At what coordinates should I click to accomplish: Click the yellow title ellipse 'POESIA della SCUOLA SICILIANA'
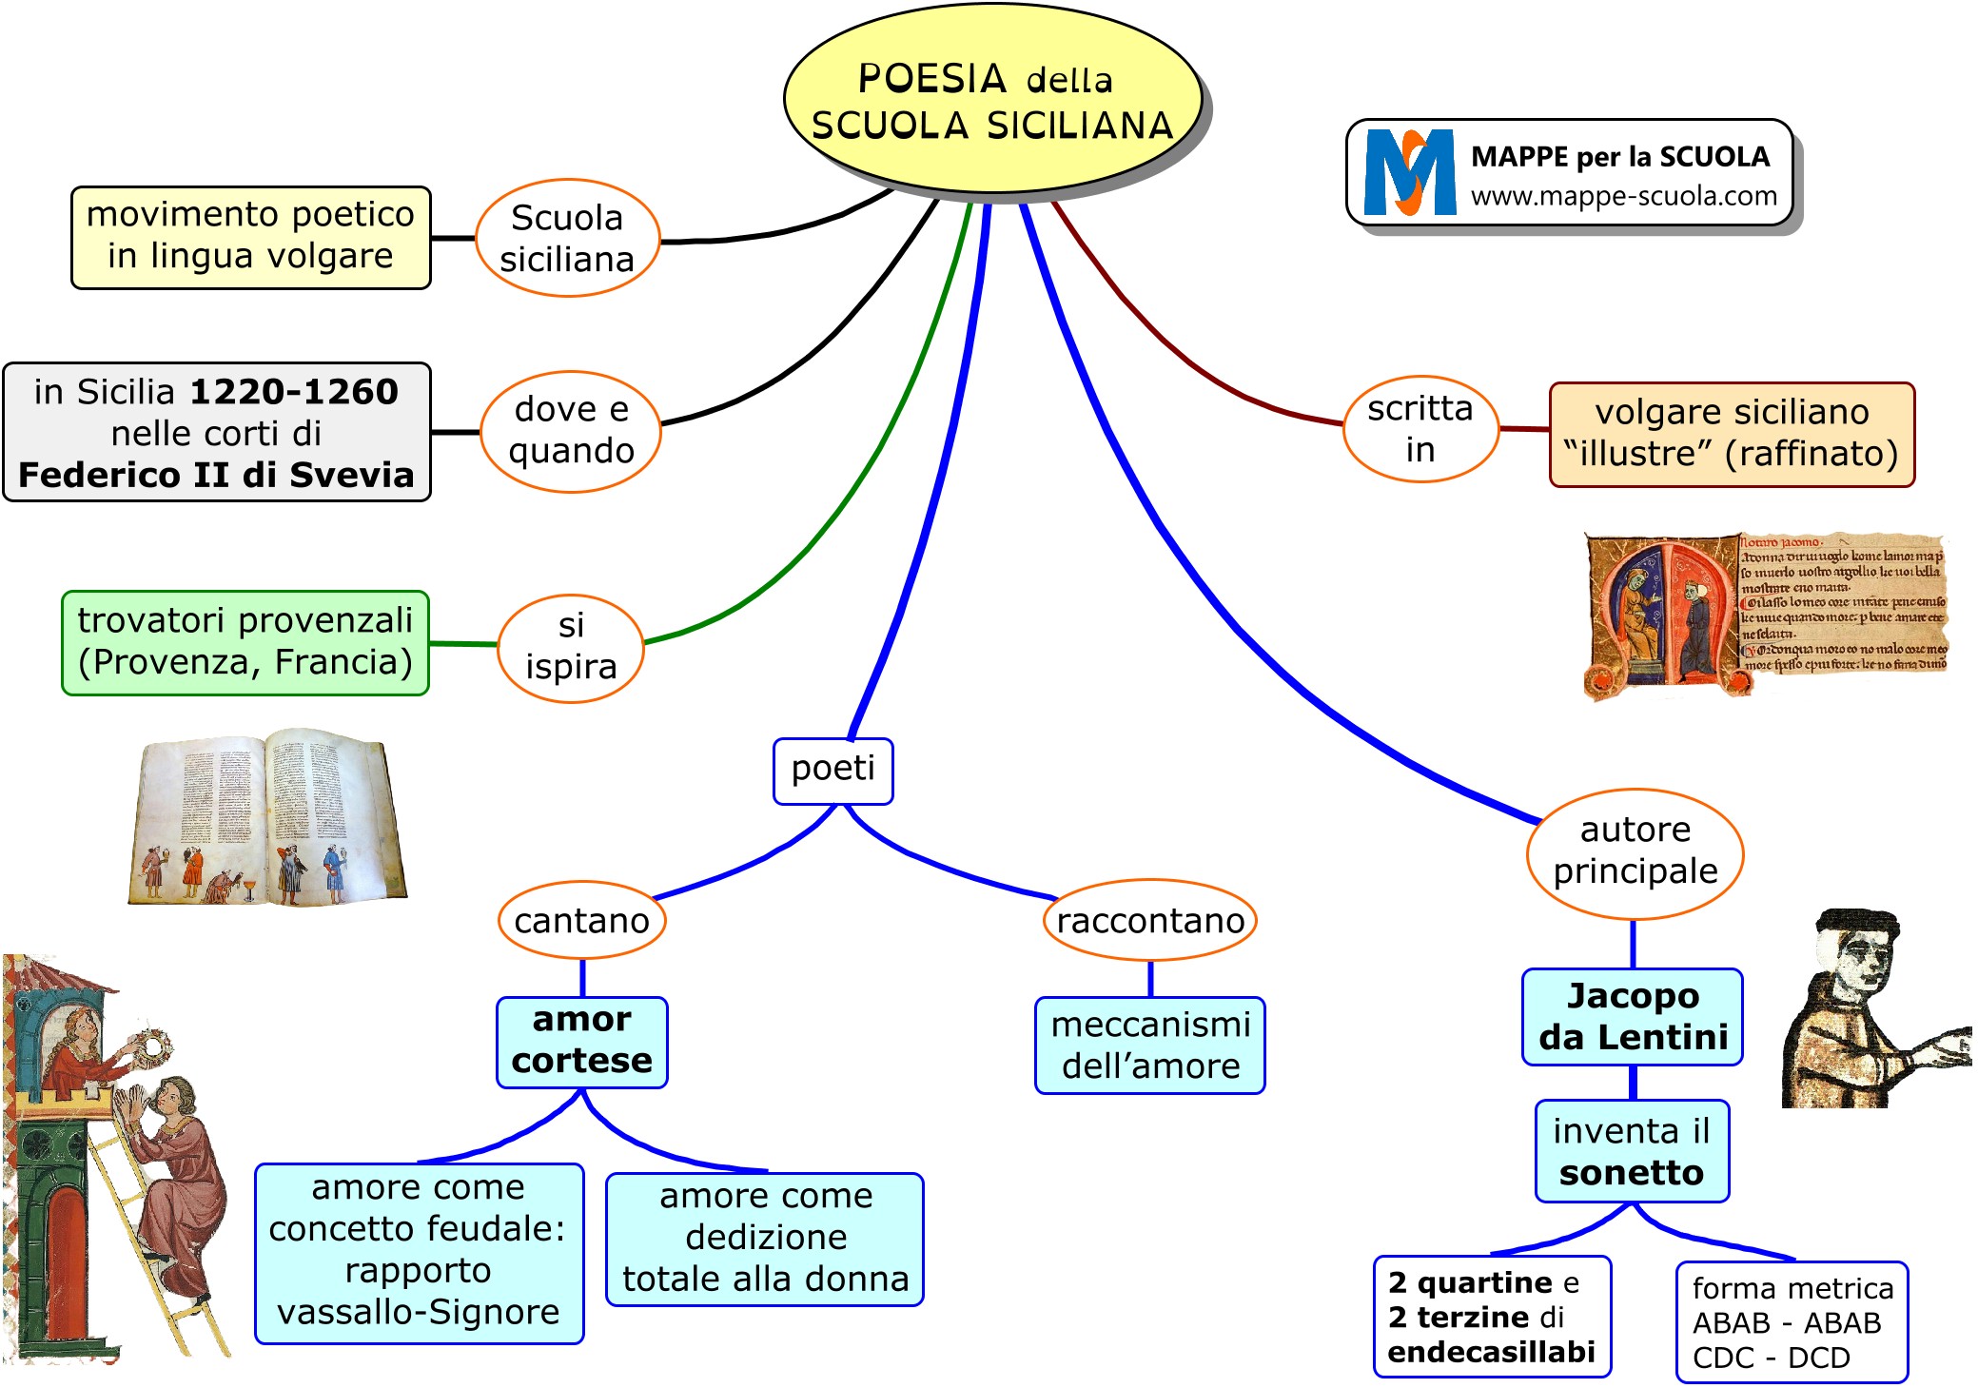[x=992, y=100]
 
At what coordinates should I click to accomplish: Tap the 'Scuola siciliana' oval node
[x=567, y=239]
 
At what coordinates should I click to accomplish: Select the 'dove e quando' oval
[x=571, y=431]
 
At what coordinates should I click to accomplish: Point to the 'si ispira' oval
[x=571, y=647]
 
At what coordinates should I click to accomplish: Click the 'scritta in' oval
[x=1420, y=429]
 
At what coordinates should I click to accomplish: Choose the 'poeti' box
[x=832, y=770]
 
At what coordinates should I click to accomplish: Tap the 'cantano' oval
[x=581, y=921]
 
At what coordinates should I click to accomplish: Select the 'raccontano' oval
[x=1149, y=921]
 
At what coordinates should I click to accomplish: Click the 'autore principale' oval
[x=1635, y=851]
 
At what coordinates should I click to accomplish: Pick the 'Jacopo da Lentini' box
[x=1633, y=1017]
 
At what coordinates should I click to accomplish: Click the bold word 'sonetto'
[x=1631, y=1173]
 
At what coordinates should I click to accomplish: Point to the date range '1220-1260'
[x=294, y=392]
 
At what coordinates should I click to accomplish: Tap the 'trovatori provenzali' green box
[x=245, y=642]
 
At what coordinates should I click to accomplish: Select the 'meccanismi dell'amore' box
[x=1149, y=1046]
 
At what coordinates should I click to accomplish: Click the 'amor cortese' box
[x=581, y=1041]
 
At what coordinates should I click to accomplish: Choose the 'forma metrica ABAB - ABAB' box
[x=1792, y=1322]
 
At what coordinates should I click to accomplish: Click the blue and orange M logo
[x=1409, y=173]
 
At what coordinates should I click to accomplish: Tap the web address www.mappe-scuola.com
[x=1623, y=196]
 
